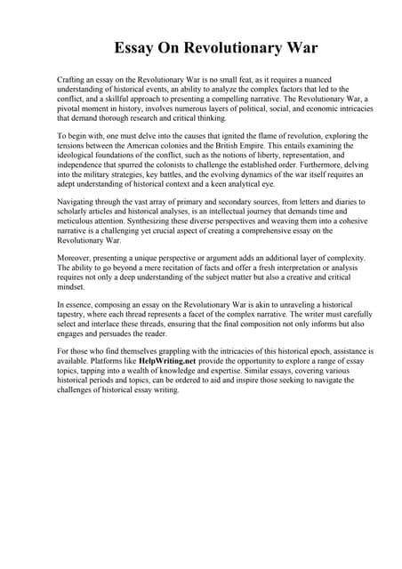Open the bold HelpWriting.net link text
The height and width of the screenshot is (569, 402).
172,362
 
